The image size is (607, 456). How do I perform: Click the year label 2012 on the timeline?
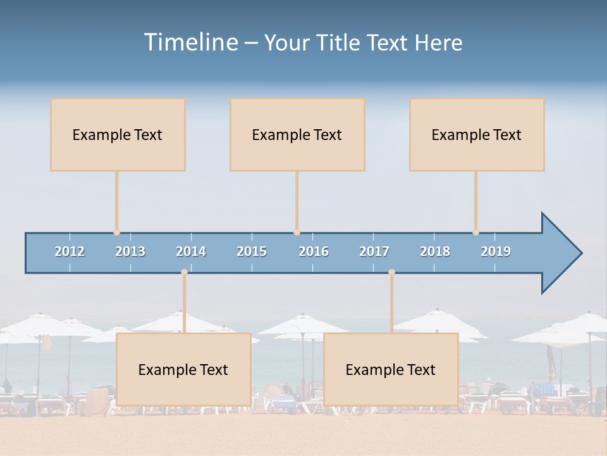pos(70,251)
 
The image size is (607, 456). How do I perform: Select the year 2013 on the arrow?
pos(130,251)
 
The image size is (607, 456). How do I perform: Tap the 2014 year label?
pos(191,251)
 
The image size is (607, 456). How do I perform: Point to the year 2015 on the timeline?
pos(252,251)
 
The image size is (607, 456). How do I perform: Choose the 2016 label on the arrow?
pos(314,251)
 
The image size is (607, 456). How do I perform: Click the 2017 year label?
pos(374,251)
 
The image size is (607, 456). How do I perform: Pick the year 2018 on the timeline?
pos(435,251)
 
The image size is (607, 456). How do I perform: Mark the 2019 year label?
pos(496,251)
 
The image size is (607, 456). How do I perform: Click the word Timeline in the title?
pos(190,42)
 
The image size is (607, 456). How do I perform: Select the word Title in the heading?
pos(339,42)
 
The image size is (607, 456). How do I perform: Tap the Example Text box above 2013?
pos(118,134)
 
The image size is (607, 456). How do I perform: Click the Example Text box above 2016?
pos(297,134)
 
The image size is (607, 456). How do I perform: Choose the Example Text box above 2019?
pos(477,134)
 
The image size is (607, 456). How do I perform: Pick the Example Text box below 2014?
pos(183,369)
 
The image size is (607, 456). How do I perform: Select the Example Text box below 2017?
pos(391,369)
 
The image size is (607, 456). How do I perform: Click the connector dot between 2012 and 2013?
pos(116,232)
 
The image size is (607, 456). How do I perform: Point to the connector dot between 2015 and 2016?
pos(297,232)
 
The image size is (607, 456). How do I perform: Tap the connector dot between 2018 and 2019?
pos(475,232)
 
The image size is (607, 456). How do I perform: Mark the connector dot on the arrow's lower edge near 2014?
pos(184,272)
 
